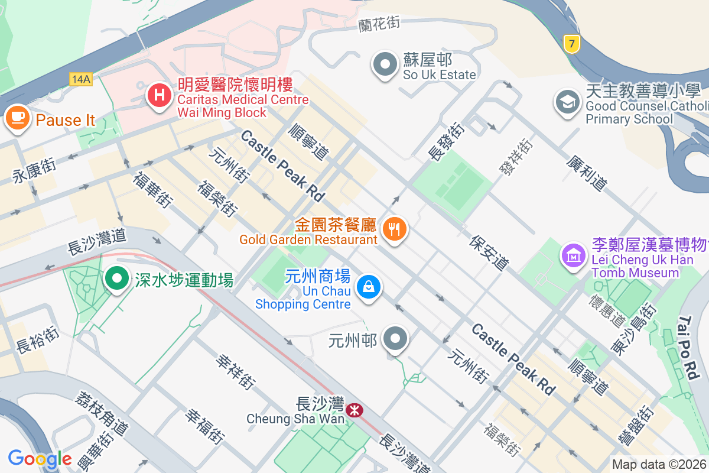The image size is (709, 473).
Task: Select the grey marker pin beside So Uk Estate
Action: (x=385, y=64)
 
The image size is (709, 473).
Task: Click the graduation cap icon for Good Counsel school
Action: (x=568, y=102)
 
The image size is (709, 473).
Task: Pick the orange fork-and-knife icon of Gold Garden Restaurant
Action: (x=394, y=228)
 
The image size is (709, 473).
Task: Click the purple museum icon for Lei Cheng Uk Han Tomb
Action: (x=573, y=257)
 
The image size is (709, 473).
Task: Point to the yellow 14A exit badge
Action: (x=80, y=79)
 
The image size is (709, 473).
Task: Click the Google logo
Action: (x=40, y=459)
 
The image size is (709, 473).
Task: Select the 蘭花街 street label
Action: (x=379, y=24)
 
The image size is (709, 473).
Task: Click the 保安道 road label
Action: (x=490, y=252)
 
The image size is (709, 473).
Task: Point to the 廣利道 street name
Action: (x=586, y=173)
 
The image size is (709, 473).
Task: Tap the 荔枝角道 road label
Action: (x=101, y=412)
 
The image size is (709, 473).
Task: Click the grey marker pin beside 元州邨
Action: (x=395, y=340)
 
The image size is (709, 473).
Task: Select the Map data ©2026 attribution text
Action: (x=659, y=465)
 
